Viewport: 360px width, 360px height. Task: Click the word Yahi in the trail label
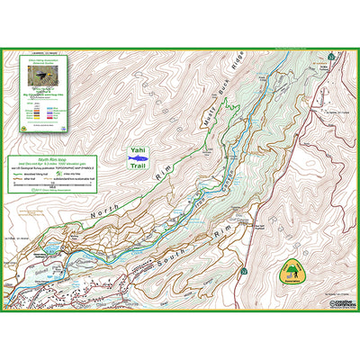[136, 153]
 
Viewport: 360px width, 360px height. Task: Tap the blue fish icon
[136, 166]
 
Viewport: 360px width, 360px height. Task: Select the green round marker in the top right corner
[331, 57]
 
